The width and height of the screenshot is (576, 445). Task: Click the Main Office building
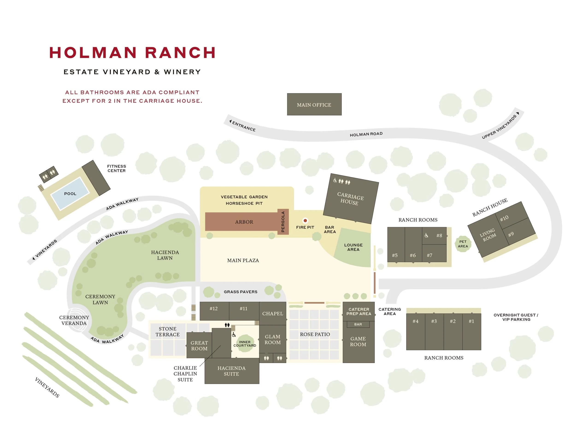(314, 104)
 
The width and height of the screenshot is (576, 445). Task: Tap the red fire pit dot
(305, 220)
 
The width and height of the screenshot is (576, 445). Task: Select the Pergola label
(283, 222)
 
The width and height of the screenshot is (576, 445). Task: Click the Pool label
(70, 194)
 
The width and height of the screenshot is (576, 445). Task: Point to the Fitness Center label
(116, 168)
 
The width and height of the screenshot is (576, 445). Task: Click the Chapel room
(272, 314)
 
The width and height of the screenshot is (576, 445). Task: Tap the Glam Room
(272, 340)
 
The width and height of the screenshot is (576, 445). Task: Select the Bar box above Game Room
(358, 325)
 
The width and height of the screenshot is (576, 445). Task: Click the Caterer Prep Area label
(359, 312)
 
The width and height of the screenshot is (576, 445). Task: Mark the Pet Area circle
(463, 244)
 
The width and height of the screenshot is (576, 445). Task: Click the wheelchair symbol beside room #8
(426, 235)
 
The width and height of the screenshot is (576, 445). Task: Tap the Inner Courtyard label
(244, 344)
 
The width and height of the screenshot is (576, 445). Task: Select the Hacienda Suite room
(232, 371)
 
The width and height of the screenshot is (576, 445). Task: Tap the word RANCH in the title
(180, 53)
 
